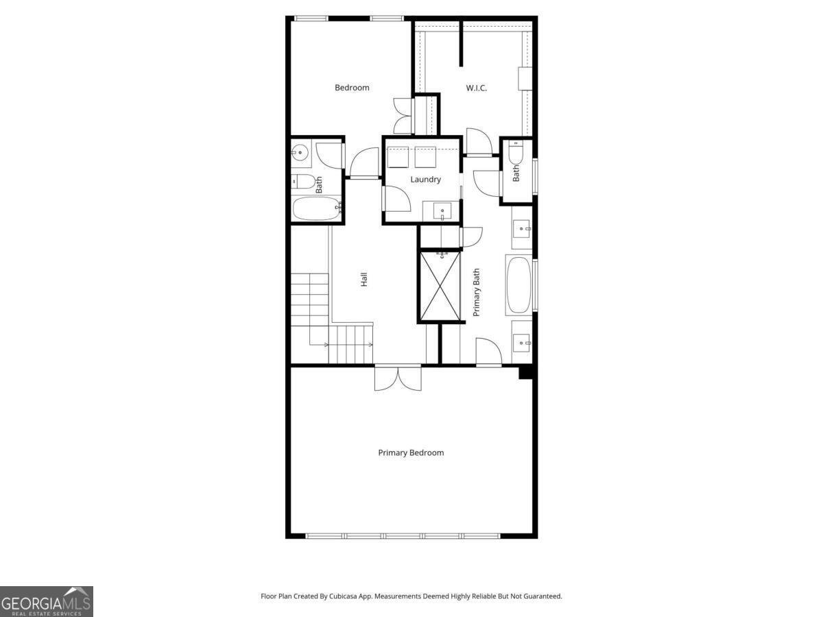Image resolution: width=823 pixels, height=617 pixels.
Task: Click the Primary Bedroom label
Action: (x=411, y=452)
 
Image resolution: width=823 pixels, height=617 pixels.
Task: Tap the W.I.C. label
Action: (x=476, y=88)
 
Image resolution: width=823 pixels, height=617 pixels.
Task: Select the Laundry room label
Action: (x=425, y=180)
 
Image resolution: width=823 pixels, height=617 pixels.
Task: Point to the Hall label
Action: (x=363, y=279)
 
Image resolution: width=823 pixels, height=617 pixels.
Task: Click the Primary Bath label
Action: (x=476, y=292)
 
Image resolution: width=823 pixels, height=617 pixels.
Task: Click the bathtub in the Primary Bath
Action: (x=519, y=285)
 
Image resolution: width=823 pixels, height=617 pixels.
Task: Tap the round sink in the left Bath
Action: (x=300, y=152)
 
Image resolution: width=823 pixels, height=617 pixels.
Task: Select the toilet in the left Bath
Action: (x=303, y=182)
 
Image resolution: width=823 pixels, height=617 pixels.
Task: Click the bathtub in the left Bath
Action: (x=318, y=208)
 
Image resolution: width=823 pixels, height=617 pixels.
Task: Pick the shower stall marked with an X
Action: (x=440, y=287)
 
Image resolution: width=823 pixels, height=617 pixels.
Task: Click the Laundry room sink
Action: (x=442, y=211)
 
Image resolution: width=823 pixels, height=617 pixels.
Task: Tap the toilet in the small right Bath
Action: (x=516, y=153)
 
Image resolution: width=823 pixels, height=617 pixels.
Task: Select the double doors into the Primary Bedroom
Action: (x=398, y=378)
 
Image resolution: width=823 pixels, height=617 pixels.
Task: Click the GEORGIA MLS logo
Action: (x=47, y=601)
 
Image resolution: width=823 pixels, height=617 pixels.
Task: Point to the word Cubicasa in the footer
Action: (x=343, y=596)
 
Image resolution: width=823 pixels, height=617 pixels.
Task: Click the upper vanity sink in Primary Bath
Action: (x=521, y=228)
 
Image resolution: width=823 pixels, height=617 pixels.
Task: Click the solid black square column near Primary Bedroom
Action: (x=525, y=372)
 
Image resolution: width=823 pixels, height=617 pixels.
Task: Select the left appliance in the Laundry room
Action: (x=398, y=158)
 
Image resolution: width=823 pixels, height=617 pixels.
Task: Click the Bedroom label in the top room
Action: (x=352, y=88)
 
